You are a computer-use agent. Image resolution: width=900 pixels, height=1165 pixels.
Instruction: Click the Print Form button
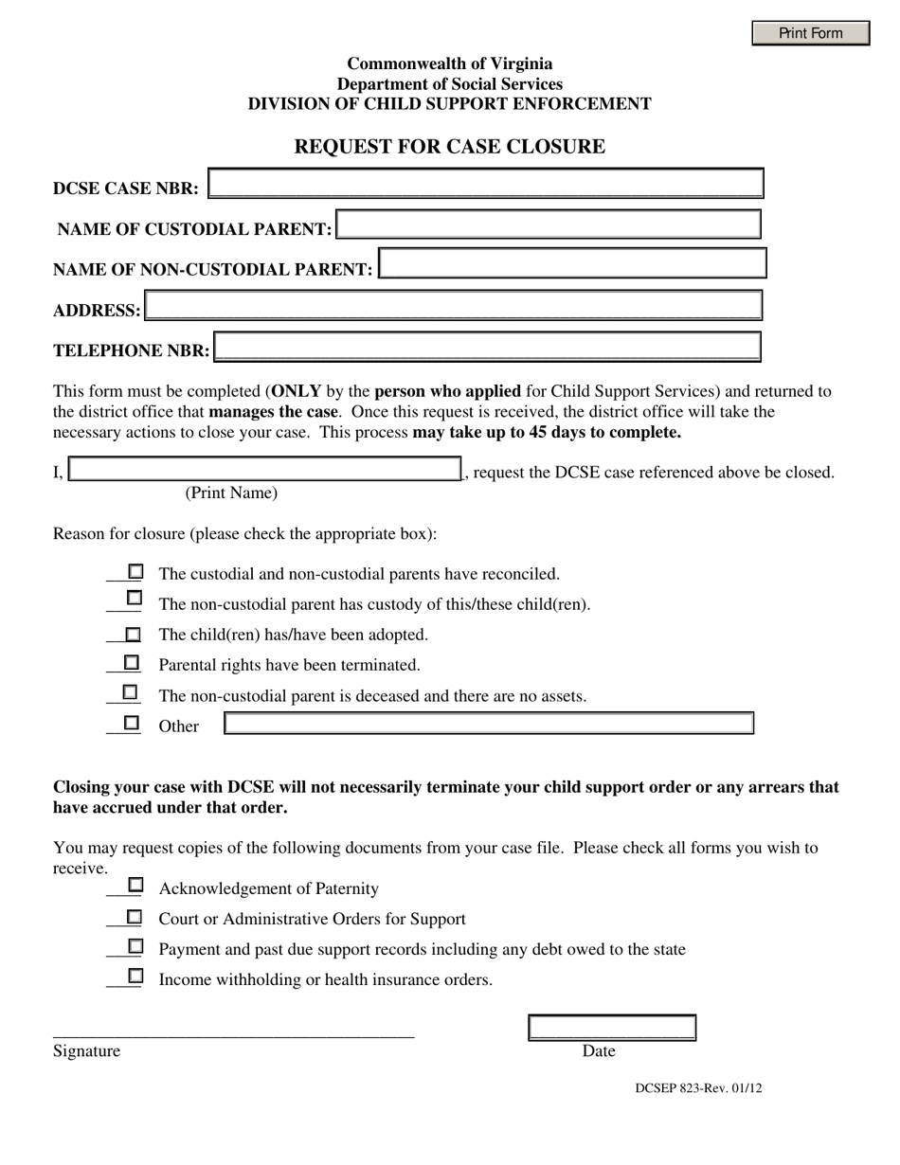pyautogui.click(x=810, y=33)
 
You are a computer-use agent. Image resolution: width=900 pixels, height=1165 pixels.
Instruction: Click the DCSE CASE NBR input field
pyautogui.click(x=485, y=184)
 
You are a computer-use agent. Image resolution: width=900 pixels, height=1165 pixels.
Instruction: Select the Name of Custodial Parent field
pyautogui.click(x=549, y=225)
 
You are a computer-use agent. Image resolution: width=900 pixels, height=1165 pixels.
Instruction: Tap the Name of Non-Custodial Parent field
pyautogui.click(x=571, y=264)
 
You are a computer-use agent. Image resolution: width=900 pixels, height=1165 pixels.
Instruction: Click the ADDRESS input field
pyautogui.click(x=453, y=306)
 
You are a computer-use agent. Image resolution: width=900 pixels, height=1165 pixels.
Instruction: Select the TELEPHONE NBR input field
pyautogui.click(x=487, y=347)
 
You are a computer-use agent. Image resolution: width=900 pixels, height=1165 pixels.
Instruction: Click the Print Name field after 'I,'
pyautogui.click(x=265, y=470)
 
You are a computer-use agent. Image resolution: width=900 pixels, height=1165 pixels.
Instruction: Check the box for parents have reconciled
pyautogui.click(x=135, y=572)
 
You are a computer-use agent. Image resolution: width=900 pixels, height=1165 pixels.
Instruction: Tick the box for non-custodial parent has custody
pyautogui.click(x=135, y=599)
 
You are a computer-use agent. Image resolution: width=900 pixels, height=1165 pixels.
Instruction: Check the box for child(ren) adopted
pyautogui.click(x=134, y=634)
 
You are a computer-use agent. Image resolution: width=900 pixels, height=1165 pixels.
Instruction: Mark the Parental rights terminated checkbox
pyautogui.click(x=133, y=663)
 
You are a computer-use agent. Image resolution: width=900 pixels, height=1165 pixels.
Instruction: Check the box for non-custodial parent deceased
pyautogui.click(x=131, y=692)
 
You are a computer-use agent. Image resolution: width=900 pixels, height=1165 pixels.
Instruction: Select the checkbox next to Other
pyautogui.click(x=132, y=723)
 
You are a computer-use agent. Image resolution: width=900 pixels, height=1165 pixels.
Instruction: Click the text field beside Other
pyautogui.click(x=488, y=724)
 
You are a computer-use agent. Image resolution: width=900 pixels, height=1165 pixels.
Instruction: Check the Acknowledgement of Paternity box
pyautogui.click(x=135, y=886)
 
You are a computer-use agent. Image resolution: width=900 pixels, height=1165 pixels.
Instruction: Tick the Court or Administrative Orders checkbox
pyautogui.click(x=135, y=917)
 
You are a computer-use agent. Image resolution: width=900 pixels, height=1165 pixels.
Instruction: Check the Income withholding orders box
pyautogui.click(x=135, y=976)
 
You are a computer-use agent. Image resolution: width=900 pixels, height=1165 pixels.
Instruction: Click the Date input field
pyautogui.click(x=611, y=1028)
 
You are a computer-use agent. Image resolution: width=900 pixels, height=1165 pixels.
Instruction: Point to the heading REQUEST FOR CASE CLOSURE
pyautogui.click(x=449, y=147)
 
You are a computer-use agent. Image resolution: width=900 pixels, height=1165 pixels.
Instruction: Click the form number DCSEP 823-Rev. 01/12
pyautogui.click(x=697, y=1088)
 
